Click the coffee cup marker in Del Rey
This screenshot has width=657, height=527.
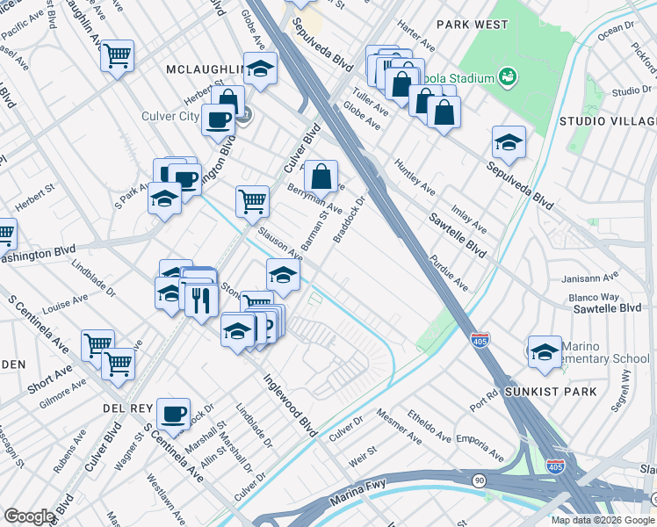173,413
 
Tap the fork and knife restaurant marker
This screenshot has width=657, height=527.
201,301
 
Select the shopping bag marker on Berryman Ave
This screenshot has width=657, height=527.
322,176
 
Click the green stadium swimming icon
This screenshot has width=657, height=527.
507,78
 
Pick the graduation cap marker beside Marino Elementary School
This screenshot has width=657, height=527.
545,350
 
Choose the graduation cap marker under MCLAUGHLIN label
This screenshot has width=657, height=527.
260,69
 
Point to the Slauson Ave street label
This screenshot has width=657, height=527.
279,244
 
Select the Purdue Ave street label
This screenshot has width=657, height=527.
449,273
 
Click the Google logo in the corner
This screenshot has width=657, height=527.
30,516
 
